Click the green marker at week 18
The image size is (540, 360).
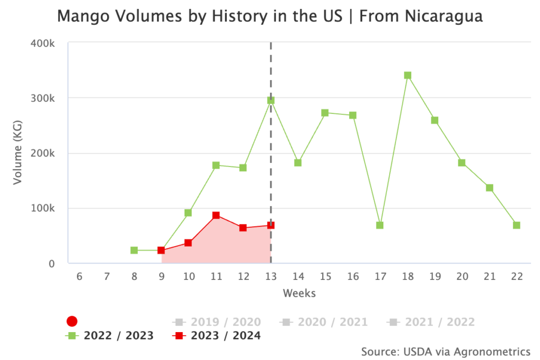(407, 75)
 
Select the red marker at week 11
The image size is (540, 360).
(216, 216)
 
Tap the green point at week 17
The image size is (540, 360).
(380, 226)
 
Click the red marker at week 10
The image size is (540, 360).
(188, 243)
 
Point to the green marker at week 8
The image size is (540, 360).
(134, 250)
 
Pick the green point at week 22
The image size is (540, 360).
(516, 226)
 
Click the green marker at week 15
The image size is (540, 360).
(325, 113)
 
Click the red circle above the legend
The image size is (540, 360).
(72, 321)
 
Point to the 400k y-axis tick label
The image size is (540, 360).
(44, 43)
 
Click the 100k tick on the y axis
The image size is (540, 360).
(44, 208)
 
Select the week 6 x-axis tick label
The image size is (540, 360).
(79, 276)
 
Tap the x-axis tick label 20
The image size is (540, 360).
(461, 276)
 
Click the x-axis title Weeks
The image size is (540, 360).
(299, 293)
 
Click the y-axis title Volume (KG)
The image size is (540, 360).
(18, 153)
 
